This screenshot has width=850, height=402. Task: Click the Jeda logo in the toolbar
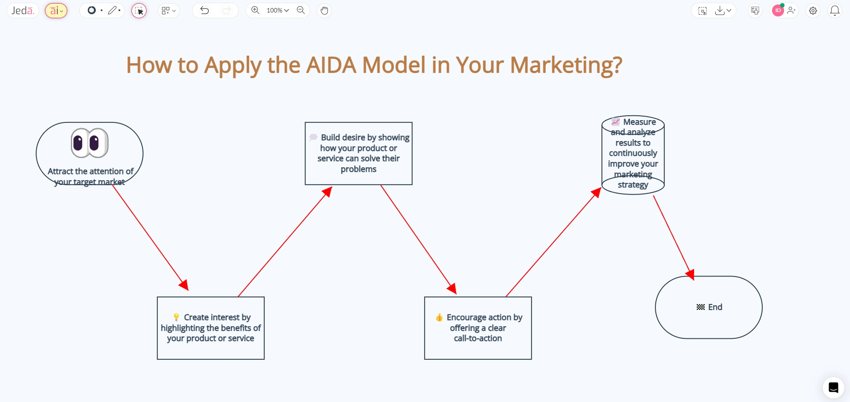point(22,10)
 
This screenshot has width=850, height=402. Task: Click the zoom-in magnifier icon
point(255,10)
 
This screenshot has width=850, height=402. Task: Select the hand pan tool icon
point(324,10)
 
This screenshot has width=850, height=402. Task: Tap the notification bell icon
point(834,10)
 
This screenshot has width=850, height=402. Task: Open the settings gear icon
point(813,11)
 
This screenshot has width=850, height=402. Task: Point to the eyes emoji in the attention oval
point(90,143)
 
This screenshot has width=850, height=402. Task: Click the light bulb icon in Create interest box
point(176,317)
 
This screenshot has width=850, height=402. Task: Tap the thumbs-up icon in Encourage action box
point(439,317)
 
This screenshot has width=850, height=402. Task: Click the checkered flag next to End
point(700,307)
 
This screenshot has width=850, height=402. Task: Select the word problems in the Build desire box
point(358,169)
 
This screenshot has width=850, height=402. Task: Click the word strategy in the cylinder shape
point(633,185)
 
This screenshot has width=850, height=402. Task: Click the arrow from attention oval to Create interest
point(150,237)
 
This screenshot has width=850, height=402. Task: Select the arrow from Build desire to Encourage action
point(418,239)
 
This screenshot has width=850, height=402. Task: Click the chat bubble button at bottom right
point(833,388)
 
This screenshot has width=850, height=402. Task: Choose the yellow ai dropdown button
point(56,10)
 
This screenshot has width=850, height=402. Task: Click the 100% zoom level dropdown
point(278,10)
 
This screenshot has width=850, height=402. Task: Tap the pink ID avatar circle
point(777,11)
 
